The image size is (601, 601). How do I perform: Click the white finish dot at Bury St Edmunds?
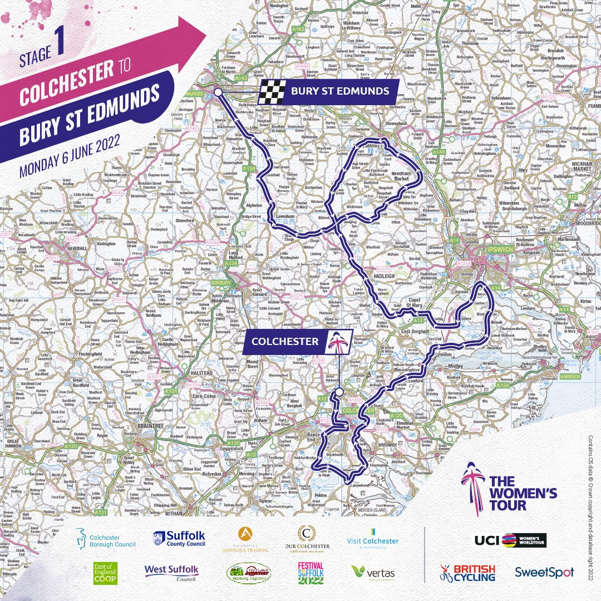(218, 92)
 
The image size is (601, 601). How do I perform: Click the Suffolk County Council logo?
(179, 539)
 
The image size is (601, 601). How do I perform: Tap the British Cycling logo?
(467, 572)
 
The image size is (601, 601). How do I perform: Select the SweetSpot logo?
(544, 572)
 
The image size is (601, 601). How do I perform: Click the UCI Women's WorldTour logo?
(511, 540)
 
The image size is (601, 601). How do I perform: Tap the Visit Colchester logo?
(372, 539)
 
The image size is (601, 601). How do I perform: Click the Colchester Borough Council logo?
(105, 539)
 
